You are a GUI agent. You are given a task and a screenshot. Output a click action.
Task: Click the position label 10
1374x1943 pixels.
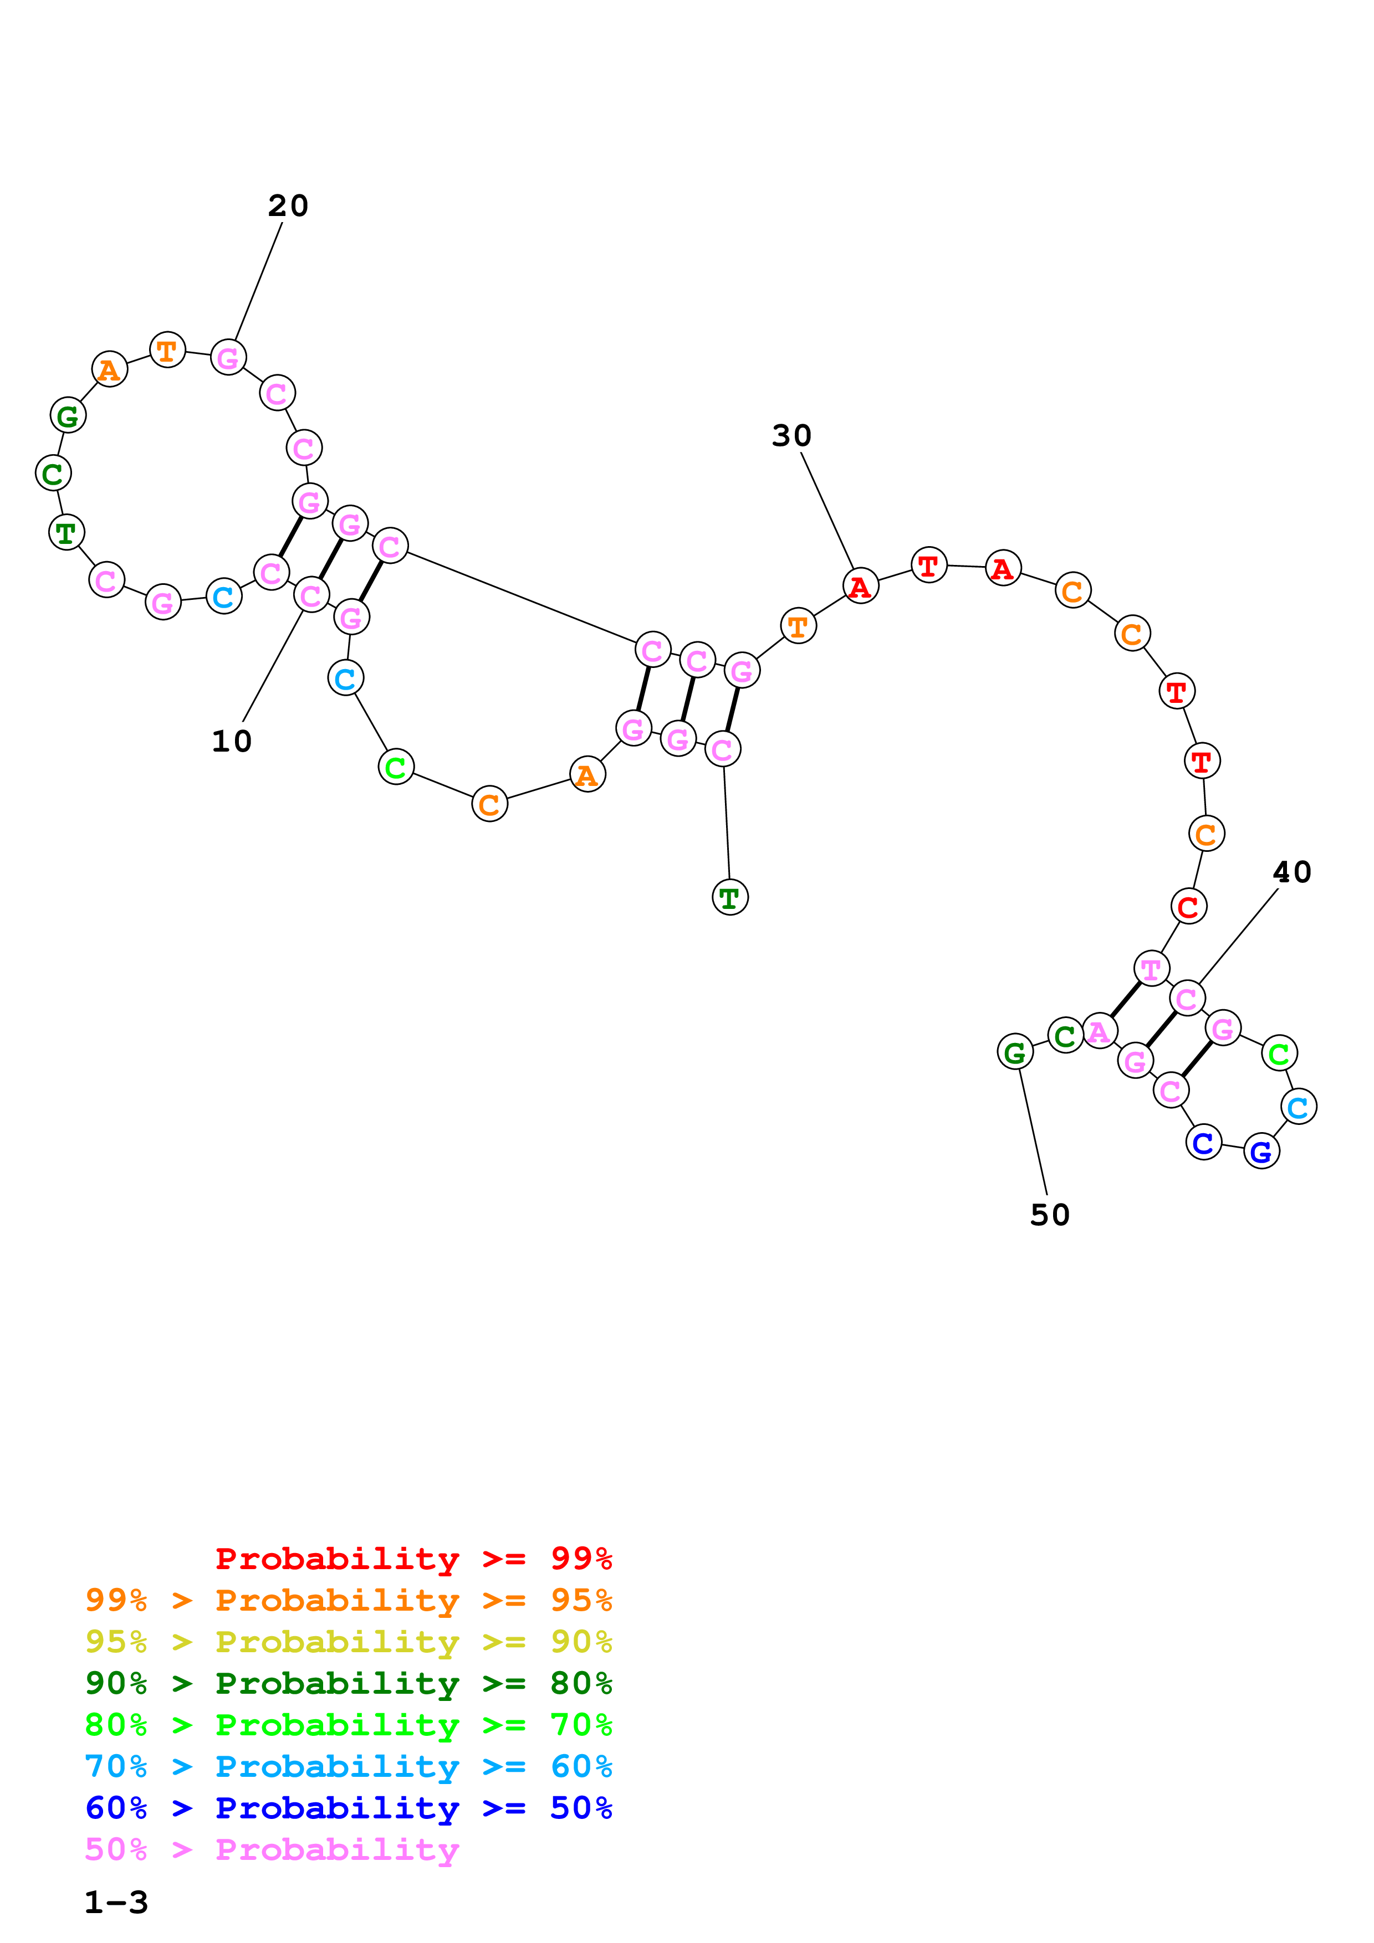231,741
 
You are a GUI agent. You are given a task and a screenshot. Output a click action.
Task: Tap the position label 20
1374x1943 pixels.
288,205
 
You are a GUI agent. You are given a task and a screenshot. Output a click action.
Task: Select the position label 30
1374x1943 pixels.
791,436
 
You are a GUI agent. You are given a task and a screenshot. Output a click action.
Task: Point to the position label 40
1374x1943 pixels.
1292,872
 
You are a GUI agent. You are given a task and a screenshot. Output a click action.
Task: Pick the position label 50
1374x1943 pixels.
1050,1215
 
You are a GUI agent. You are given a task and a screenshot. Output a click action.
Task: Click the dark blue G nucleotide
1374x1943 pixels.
1261,1151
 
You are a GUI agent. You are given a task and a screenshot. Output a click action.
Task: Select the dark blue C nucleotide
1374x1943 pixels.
1203,1143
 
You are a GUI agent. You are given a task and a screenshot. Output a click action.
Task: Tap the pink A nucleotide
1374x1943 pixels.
1100,1031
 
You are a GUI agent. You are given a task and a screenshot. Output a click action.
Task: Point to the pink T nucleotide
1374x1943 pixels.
1151,969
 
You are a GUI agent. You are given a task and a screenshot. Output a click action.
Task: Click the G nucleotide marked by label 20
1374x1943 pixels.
228,358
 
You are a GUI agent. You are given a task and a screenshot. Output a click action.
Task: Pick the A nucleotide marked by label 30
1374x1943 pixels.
861,585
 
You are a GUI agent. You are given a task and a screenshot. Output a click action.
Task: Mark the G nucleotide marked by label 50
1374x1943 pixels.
1015,1052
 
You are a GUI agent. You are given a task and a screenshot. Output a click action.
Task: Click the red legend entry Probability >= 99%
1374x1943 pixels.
413,1559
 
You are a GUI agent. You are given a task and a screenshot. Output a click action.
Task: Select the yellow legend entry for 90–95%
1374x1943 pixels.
349,1642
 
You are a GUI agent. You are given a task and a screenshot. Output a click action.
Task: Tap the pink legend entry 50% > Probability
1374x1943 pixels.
272,1850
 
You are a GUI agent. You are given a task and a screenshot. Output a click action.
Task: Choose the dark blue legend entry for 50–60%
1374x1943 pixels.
349,1808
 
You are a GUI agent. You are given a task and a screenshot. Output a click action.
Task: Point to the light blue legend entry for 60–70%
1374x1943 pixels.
349,1767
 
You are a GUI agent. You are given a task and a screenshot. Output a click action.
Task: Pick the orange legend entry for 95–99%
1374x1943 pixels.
349,1600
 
